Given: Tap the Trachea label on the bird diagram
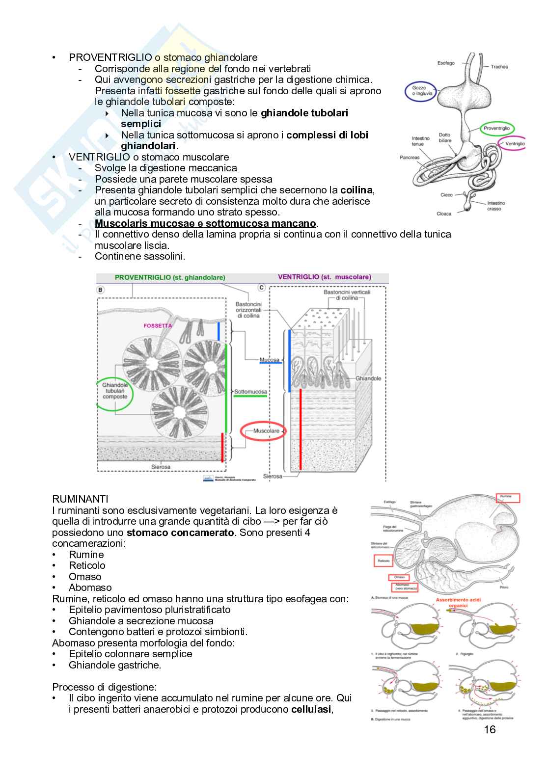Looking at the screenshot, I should [x=499, y=67].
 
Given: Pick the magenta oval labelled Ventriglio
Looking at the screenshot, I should [x=513, y=144].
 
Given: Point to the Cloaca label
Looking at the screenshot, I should [x=443, y=214].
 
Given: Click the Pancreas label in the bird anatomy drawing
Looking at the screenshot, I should [x=410, y=158].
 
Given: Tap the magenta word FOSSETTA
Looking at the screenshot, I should [x=158, y=325].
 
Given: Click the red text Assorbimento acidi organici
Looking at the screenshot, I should [x=458, y=603].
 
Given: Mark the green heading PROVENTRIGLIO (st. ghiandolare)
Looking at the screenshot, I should [x=170, y=277].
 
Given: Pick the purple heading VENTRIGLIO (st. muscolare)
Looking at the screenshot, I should [x=324, y=277].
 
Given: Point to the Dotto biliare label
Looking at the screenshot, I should [x=444, y=138].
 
